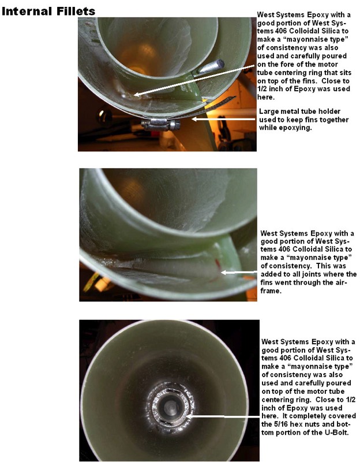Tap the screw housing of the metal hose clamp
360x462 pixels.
pyautogui.click(x=160, y=125)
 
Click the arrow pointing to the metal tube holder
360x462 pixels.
pyautogui.click(x=223, y=119)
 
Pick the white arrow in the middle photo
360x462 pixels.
pyautogui.click(x=239, y=272)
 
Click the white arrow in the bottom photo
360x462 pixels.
pyautogui.click(x=223, y=416)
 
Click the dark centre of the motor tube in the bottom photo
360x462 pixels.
pyautogui.click(x=170, y=407)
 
